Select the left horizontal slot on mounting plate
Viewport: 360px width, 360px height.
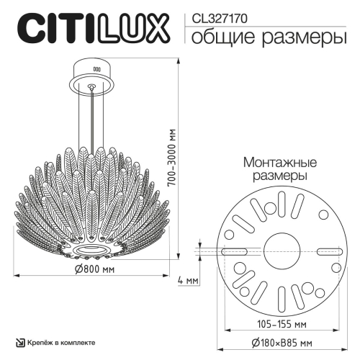coord(235,251)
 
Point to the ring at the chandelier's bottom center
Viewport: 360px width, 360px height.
coord(92,246)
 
